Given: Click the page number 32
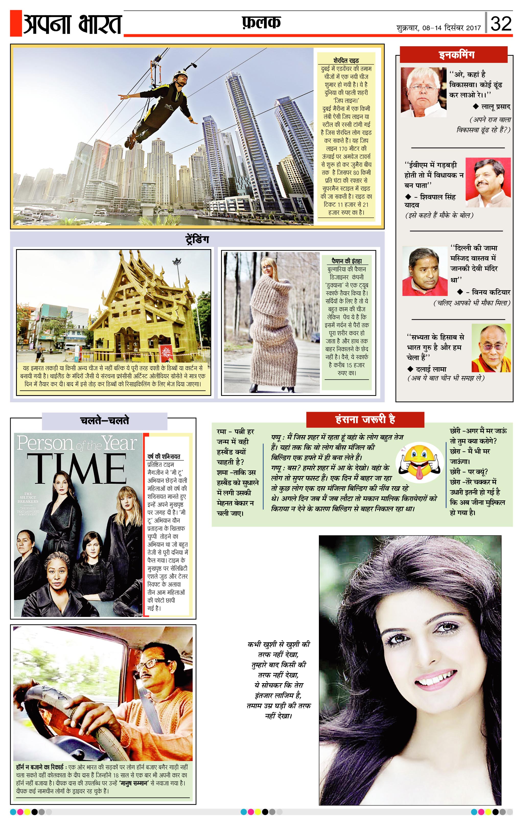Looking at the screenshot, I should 501,24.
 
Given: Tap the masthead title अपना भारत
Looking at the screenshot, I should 72,24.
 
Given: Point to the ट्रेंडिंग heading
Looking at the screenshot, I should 197,239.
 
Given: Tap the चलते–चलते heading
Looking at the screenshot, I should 104,421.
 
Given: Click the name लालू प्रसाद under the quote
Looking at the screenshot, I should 496,107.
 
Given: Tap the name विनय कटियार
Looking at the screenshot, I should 491,292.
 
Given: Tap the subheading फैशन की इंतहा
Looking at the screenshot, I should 347,261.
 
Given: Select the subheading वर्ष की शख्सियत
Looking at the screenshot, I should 164,457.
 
